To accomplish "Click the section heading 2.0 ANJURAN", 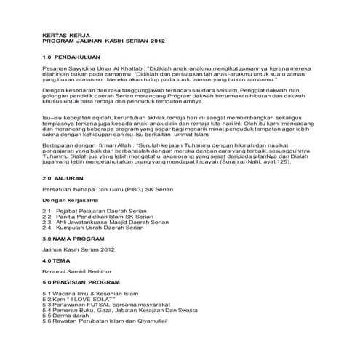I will click(63, 177).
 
